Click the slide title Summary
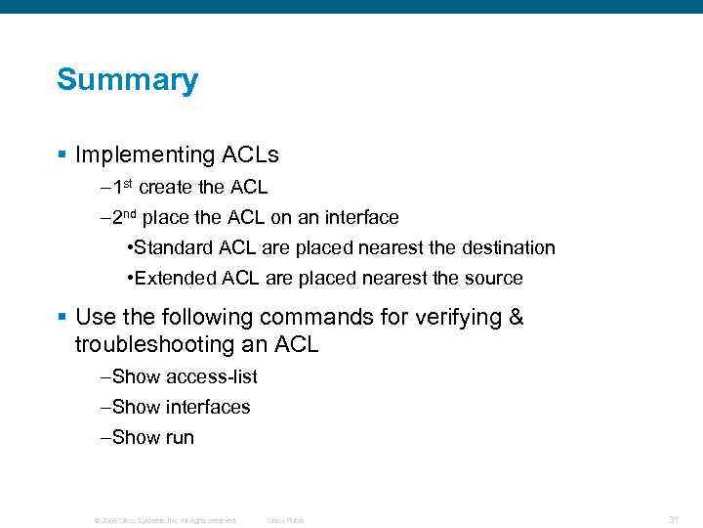[127, 80]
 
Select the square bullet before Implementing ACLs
[62, 154]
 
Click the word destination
[505, 248]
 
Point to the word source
[493, 279]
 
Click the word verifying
[454, 318]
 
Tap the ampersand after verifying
[515, 318]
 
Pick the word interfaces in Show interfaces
[208, 407]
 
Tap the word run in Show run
[180, 438]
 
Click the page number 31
[673, 519]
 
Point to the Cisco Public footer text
[285, 520]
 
